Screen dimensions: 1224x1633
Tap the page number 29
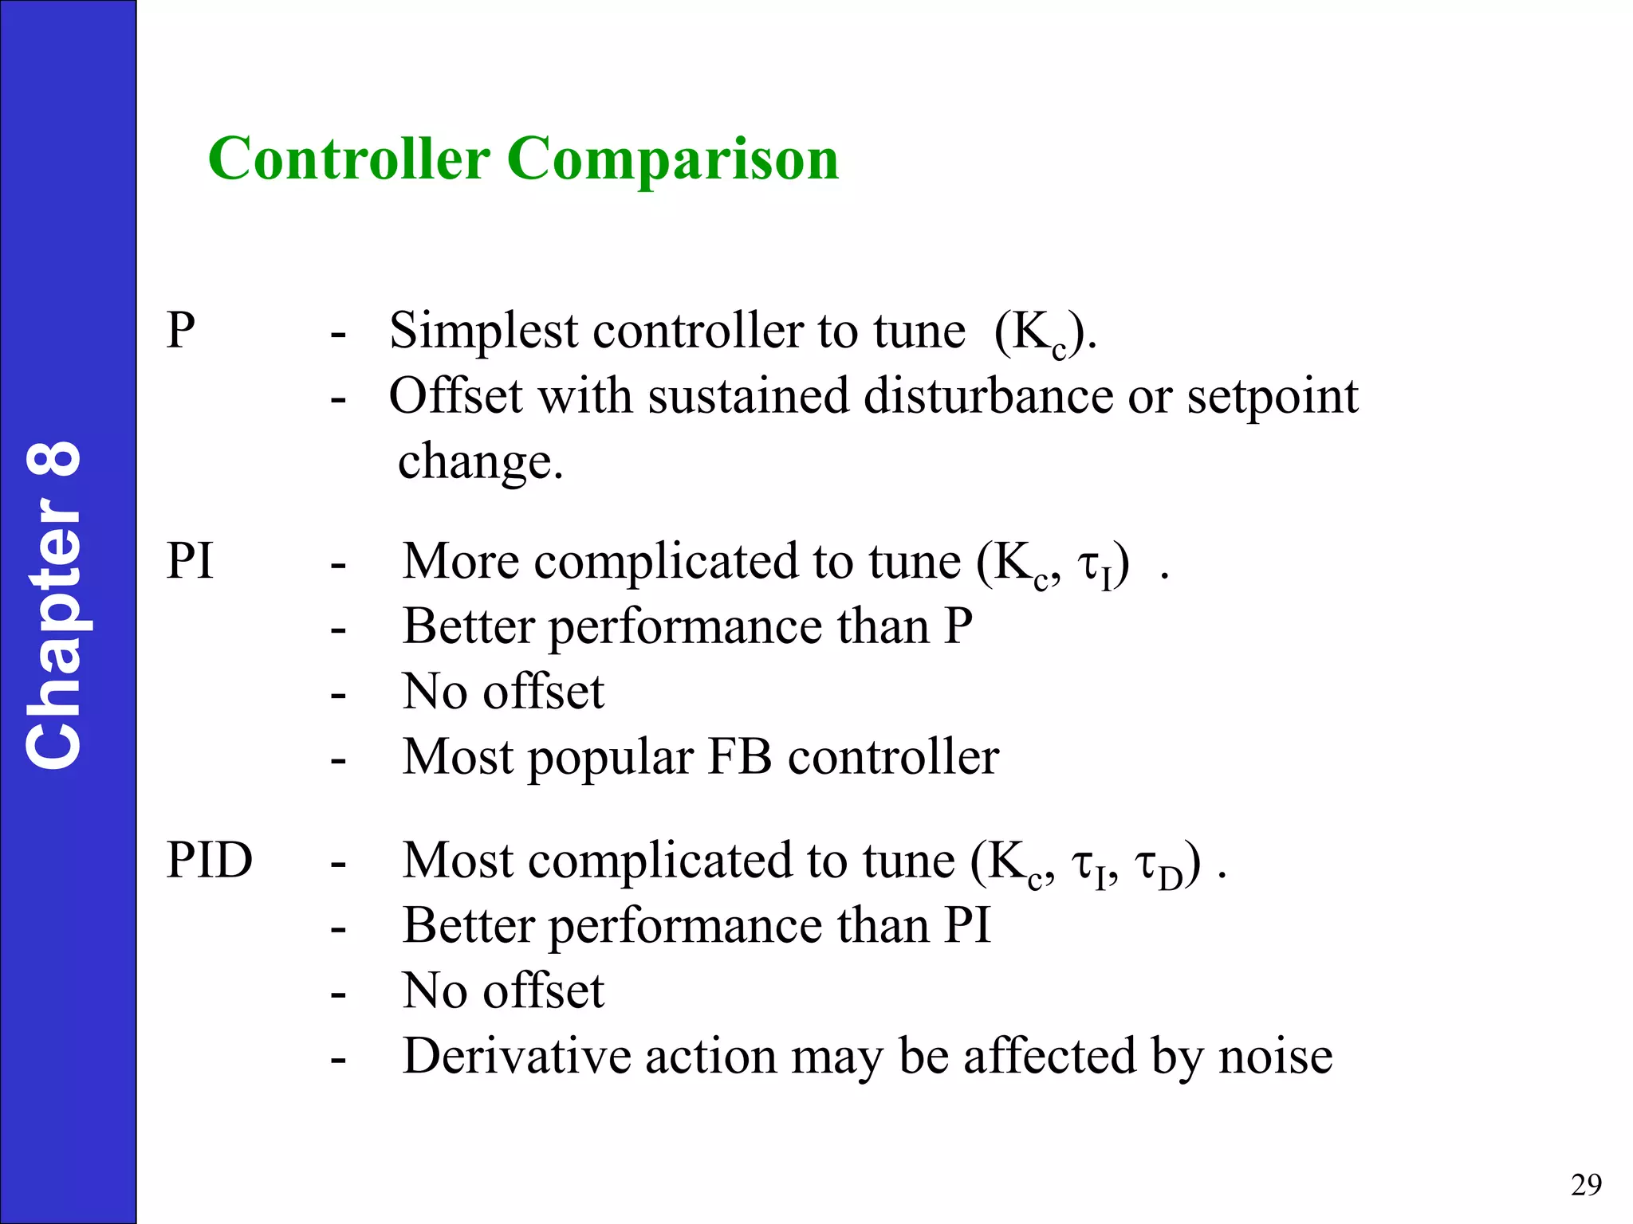1586,1185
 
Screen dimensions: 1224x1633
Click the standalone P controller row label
181,330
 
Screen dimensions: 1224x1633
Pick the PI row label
190,561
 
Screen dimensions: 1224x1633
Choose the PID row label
210,860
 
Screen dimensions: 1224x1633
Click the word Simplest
483,331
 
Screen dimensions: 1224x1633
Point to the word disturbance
988,396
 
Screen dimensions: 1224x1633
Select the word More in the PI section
461,561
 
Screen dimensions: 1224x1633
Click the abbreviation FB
739,756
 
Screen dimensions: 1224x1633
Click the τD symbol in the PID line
1158,865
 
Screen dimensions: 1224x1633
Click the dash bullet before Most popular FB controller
338,759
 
